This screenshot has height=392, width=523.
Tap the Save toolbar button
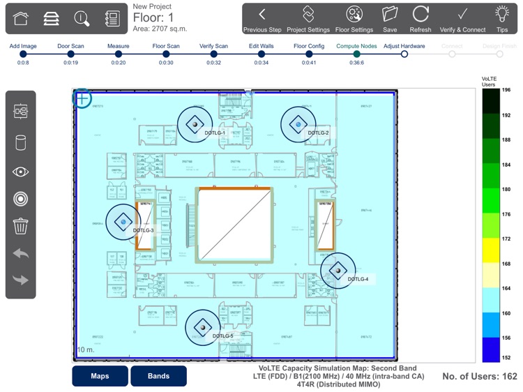point(390,19)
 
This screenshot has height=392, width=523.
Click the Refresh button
point(420,19)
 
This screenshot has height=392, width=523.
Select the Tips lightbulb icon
point(501,19)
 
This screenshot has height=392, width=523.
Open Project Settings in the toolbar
point(308,19)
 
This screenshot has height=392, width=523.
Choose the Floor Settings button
point(354,19)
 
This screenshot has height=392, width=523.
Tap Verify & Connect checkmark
point(462,19)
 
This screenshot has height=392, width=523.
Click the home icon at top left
point(21,19)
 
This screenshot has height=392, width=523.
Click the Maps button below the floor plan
point(100,376)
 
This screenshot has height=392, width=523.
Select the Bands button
point(158,376)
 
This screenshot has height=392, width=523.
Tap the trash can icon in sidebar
point(20,226)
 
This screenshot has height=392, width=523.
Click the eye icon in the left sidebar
point(20,172)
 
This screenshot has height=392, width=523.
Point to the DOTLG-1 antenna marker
point(195,123)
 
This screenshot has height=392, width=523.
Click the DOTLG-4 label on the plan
point(358,279)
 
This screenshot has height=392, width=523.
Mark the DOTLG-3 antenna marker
point(123,221)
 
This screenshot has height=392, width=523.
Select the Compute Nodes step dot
point(356,54)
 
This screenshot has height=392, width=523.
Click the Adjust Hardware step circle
point(404,54)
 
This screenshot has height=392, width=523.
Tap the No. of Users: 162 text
point(480,376)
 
